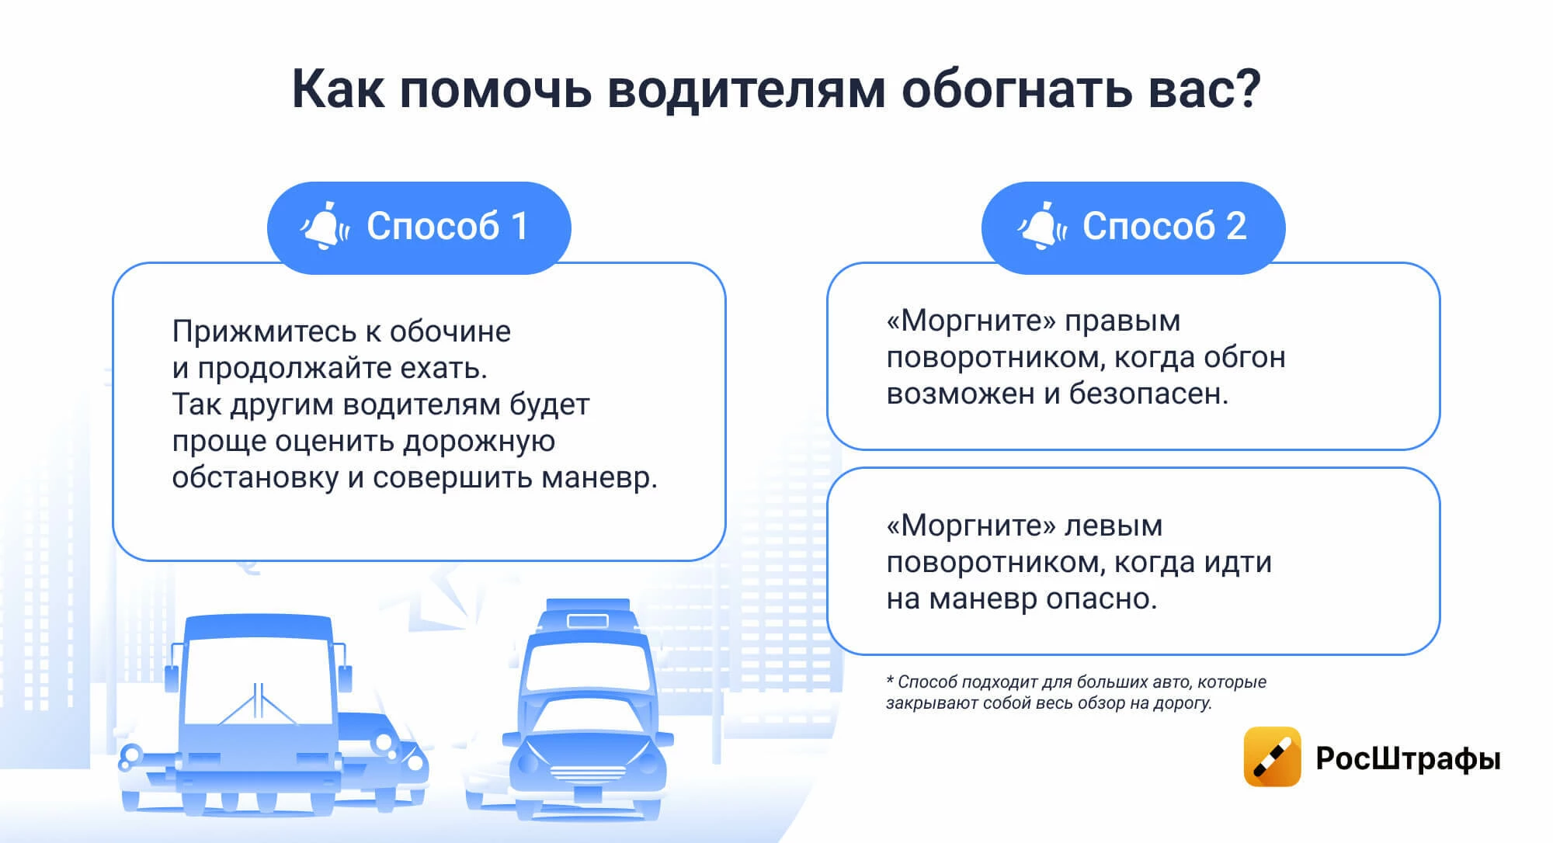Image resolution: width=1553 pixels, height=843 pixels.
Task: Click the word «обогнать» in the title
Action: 1016,89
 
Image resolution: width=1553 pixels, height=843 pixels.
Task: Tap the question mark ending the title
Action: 1246,87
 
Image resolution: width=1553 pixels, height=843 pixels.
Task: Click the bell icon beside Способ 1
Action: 324,226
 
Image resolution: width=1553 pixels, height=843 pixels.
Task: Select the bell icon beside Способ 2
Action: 1041,226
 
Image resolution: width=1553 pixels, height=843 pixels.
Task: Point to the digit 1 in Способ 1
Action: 519,226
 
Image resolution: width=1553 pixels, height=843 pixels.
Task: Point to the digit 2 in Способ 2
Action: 1236,226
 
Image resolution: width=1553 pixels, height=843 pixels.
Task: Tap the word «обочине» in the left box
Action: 450,332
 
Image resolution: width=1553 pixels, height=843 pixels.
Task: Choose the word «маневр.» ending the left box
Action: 599,477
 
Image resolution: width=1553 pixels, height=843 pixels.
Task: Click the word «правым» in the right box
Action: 1122,322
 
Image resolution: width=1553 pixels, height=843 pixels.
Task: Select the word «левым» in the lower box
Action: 1113,526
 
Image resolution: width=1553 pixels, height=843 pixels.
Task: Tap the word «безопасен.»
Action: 1148,394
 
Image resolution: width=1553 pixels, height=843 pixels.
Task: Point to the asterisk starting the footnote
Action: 890,681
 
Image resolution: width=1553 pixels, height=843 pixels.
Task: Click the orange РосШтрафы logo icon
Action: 1272,757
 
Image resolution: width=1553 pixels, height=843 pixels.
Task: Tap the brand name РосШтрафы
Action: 1408,758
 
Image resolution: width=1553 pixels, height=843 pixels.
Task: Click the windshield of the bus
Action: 259,681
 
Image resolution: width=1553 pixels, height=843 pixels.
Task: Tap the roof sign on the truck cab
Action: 588,620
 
